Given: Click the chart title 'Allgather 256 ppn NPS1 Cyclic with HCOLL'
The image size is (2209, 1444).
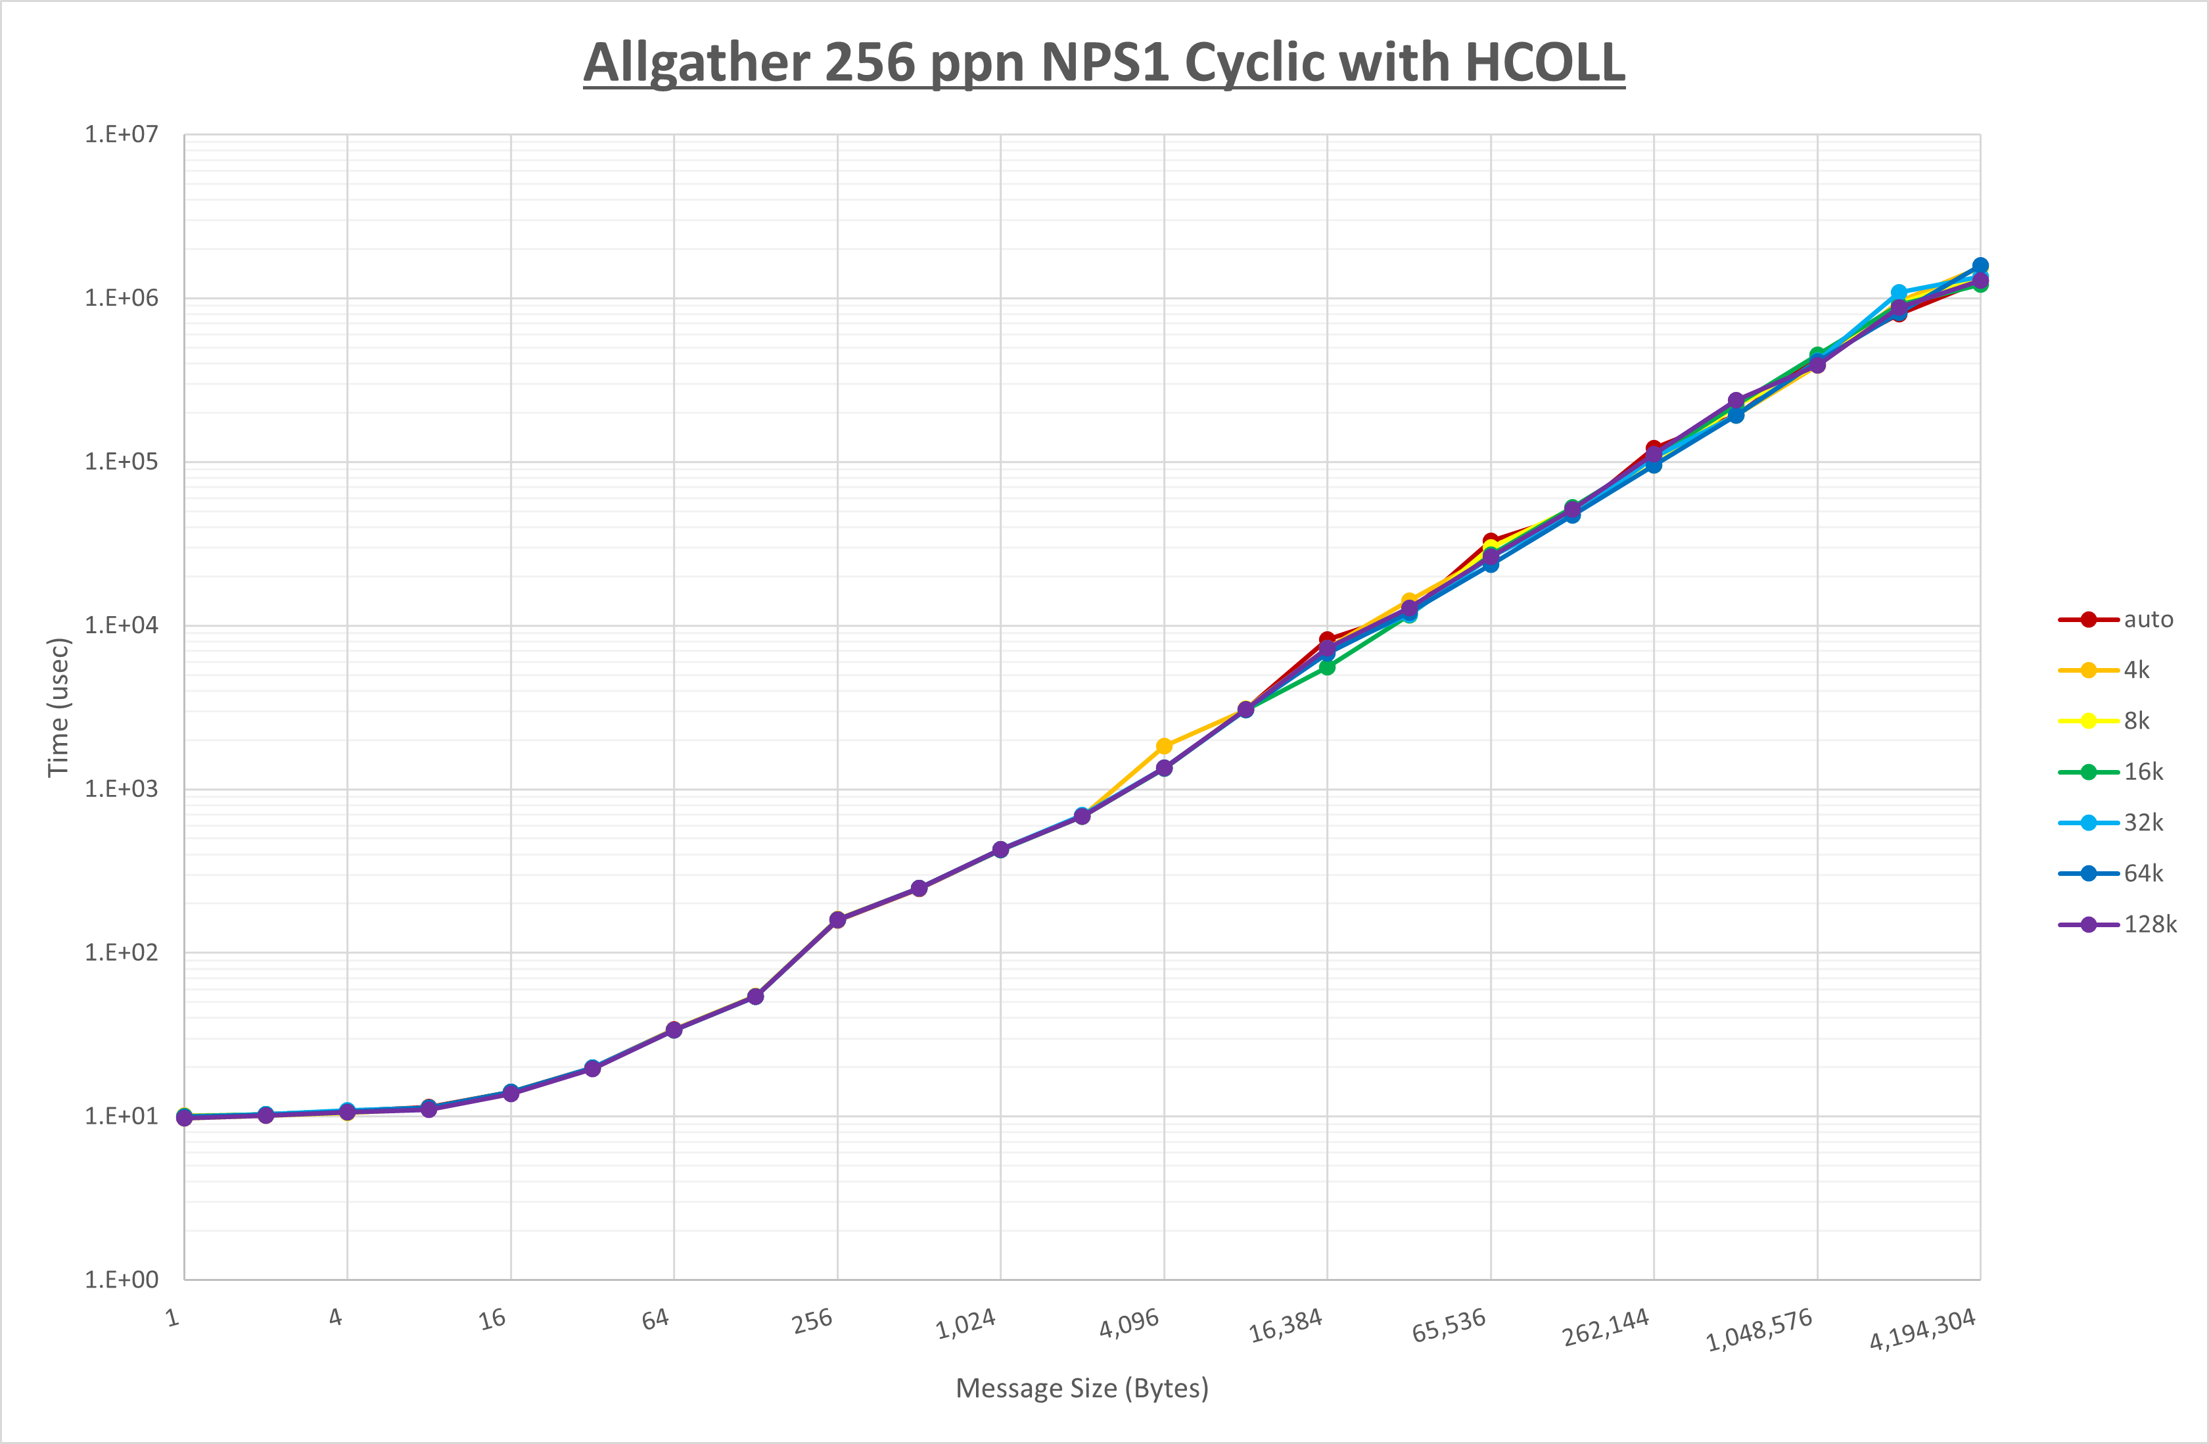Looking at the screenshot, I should coord(1104,63).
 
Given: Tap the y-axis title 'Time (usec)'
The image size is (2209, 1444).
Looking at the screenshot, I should coord(58,707).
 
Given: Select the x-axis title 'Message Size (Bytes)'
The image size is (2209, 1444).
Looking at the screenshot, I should coord(1081,1388).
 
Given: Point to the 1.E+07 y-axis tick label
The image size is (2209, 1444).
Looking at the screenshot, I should coord(122,135).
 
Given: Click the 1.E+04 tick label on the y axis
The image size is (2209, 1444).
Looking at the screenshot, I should coord(122,625).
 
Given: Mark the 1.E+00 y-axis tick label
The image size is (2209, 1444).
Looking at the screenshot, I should coord(122,1280).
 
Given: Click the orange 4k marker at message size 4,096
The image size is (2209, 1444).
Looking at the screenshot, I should coord(1164,746).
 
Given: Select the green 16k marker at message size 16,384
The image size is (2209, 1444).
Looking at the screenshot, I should coord(1327,667).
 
